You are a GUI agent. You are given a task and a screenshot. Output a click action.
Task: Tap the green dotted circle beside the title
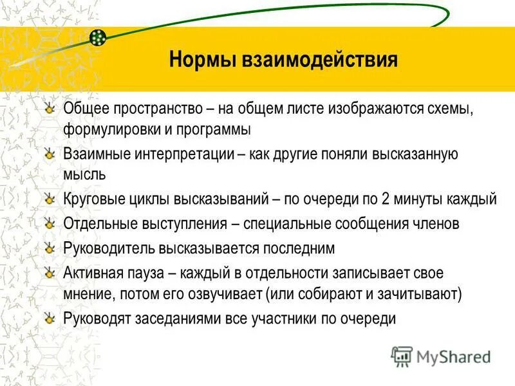[98, 37]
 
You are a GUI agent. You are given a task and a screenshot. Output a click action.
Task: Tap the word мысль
[85, 174]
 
